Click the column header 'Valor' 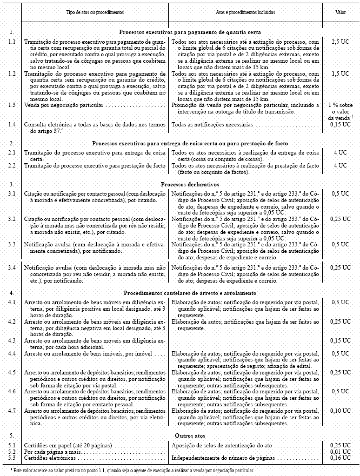click(339, 11)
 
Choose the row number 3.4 click(12, 267)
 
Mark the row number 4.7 click(12, 411)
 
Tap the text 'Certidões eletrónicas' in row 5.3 click(50, 458)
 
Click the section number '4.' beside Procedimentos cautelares click(11, 292)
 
